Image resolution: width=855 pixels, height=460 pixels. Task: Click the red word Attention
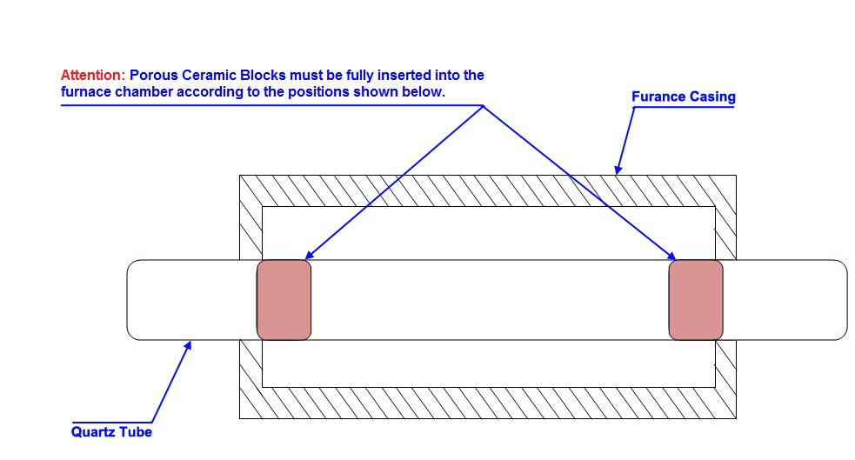click(x=93, y=75)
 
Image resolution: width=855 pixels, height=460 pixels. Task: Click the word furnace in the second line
click(x=85, y=91)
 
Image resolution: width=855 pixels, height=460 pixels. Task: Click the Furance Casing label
click(x=684, y=97)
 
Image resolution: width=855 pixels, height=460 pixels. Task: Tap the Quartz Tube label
click(x=111, y=431)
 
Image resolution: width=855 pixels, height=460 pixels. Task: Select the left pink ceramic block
click(x=284, y=300)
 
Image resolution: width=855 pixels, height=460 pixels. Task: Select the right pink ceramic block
click(x=696, y=300)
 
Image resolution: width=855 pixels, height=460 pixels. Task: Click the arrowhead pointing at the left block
click(x=309, y=255)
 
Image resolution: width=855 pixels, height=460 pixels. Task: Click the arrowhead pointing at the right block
click(x=671, y=256)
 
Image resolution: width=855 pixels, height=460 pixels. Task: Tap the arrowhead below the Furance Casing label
click(x=618, y=170)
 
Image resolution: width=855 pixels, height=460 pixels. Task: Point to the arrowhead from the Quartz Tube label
click(x=188, y=345)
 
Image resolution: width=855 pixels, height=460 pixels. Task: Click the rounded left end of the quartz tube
click(x=128, y=300)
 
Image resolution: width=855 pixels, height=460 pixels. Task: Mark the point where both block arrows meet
click(x=483, y=106)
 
